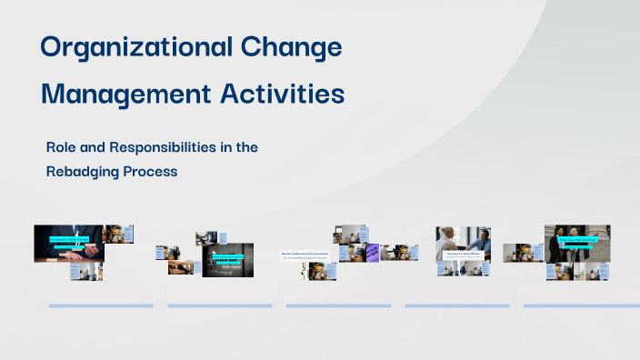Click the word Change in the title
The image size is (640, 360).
296,48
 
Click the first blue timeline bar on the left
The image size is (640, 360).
100,305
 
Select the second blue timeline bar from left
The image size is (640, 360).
219,305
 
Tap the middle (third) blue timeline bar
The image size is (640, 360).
338,305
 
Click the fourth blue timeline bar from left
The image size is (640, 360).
456,305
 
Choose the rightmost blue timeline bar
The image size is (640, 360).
582,305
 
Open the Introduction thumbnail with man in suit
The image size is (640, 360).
68,244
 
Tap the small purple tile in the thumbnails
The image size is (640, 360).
372,253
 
